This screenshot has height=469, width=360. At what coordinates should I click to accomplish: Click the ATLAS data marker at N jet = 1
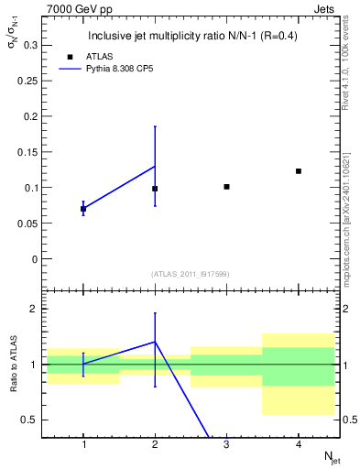(x=83, y=209)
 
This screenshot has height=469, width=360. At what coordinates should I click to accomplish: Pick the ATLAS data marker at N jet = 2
(x=155, y=189)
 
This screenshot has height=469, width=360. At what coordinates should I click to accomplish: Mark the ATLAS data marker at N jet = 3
(x=226, y=187)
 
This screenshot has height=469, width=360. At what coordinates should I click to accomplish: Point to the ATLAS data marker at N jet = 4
(x=299, y=171)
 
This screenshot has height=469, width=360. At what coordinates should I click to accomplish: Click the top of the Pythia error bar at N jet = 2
(x=155, y=126)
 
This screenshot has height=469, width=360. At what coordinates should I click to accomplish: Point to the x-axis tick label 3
(x=226, y=446)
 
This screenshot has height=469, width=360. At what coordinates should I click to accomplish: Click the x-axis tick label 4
(x=299, y=446)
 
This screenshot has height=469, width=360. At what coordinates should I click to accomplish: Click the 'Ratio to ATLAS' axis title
(x=13, y=365)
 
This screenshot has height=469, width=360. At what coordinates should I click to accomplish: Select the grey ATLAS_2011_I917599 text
(x=191, y=274)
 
